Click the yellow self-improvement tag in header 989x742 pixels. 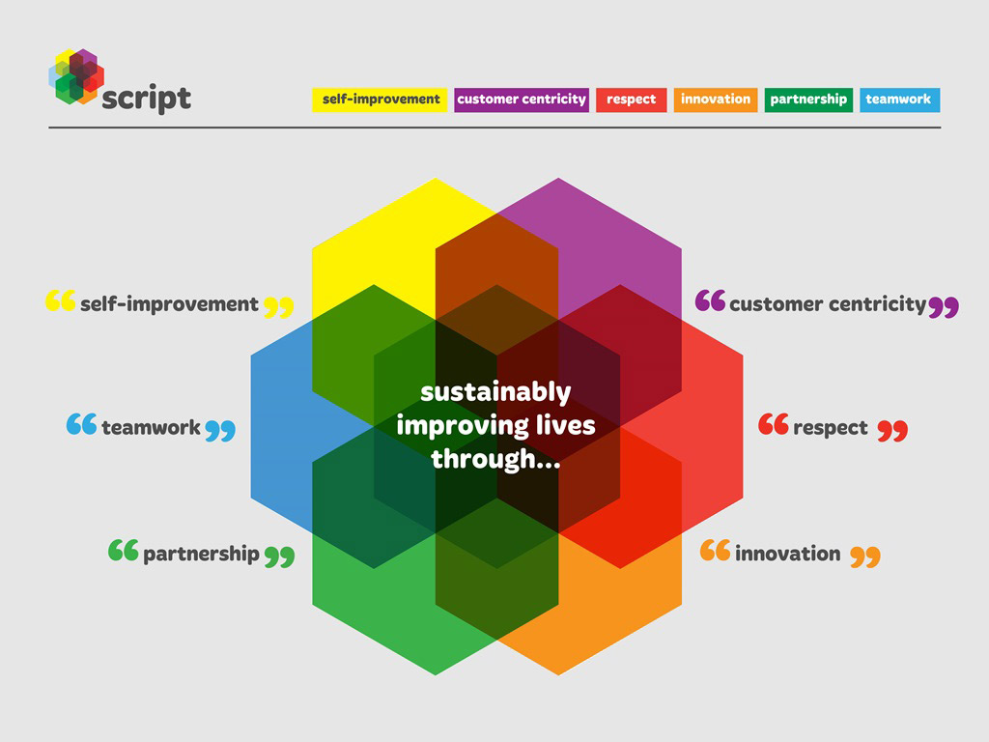[379, 100]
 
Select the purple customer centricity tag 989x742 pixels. [522, 100]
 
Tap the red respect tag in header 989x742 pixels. [632, 100]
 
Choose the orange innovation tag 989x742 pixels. [716, 100]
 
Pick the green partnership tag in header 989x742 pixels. [808, 100]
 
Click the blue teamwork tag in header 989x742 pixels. [899, 100]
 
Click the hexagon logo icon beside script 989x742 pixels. [76, 76]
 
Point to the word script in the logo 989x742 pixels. [147, 99]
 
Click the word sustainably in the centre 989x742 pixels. [495, 392]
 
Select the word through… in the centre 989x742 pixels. [495, 459]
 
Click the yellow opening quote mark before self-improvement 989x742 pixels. [61, 300]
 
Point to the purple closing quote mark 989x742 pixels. [944, 306]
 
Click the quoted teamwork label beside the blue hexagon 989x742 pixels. [151, 427]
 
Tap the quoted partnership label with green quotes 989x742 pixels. [201, 554]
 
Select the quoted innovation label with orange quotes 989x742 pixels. [790, 554]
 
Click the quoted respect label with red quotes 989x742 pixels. [834, 427]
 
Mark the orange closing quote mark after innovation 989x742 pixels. [865, 557]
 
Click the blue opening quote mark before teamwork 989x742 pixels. [81, 424]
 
